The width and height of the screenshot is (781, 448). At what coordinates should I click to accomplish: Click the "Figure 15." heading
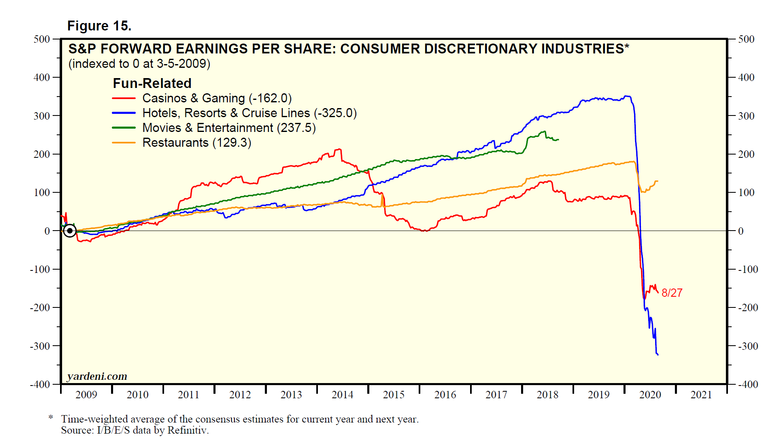(99, 26)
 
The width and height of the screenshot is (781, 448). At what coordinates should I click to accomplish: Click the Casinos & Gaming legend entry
(217, 98)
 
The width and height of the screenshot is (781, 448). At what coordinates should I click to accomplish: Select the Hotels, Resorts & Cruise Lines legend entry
(249, 113)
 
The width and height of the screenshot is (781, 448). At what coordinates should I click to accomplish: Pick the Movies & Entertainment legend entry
(229, 128)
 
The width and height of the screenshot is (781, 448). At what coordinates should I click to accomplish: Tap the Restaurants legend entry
(197, 143)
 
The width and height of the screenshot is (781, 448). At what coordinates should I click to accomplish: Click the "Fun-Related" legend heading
(152, 83)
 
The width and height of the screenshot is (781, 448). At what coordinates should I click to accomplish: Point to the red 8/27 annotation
(672, 293)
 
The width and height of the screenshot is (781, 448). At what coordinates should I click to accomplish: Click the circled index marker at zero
(70, 231)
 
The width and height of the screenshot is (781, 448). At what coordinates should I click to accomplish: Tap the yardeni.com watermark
(97, 376)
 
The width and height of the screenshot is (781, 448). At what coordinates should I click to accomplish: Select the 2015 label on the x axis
(394, 395)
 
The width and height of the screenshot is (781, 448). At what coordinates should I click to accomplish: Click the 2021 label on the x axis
(701, 395)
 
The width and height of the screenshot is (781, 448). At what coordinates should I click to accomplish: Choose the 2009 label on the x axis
(86, 395)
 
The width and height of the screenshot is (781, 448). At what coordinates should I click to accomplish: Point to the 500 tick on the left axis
(42, 39)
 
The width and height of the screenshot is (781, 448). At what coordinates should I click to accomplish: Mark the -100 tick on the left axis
(40, 269)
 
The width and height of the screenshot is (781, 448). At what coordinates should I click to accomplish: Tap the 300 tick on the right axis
(746, 116)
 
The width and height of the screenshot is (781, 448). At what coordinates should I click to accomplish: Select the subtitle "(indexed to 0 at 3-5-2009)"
(139, 64)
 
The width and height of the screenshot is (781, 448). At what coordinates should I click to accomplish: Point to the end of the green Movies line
(558, 140)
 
